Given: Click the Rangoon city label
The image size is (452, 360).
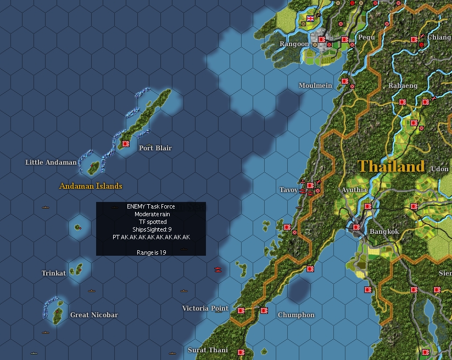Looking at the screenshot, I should [x=294, y=44].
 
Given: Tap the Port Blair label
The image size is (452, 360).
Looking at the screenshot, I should [x=155, y=148].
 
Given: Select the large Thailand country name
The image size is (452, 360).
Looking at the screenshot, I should [x=391, y=166].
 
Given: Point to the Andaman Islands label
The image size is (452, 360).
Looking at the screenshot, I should [x=91, y=186].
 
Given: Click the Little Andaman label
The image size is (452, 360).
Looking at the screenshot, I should [x=51, y=162].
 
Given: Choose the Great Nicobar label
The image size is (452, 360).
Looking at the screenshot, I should [x=94, y=315].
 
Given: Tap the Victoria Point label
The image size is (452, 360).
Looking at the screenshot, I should [x=205, y=308].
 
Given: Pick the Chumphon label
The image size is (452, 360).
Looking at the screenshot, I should [x=296, y=315].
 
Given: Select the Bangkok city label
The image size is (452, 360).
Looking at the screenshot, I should [x=384, y=232].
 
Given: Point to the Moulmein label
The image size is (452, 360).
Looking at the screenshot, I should [x=315, y=86].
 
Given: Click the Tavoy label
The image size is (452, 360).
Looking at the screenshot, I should [x=288, y=190].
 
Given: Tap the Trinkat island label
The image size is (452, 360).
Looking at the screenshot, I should [x=54, y=273].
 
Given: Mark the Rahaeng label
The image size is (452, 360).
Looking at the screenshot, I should [x=403, y=86].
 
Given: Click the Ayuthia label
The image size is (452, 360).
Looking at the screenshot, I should [x=354, y=190].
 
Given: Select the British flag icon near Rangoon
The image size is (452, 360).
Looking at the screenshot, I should [x=310, y=18].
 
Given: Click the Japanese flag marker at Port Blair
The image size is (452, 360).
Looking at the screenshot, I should [x=125, y=143].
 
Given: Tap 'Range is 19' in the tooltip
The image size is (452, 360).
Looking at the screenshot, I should [x=151, y=252].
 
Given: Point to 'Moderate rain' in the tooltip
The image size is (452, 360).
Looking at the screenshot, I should [x=151, y=214].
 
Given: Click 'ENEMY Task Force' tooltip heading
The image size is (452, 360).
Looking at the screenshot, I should [x=151, y=206].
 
